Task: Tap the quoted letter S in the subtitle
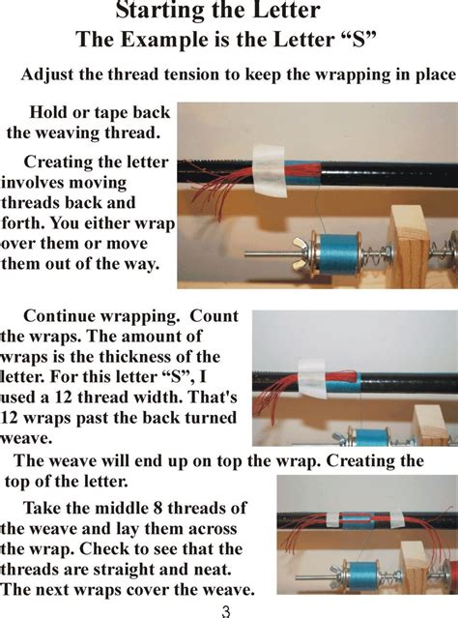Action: (x=358, y=39)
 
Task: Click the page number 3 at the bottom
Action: (x=225, y=611)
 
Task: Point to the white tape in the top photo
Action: (x=269, y=170)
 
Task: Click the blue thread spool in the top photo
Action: (x=335, y=253)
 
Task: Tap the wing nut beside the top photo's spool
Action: (x=302, y=254)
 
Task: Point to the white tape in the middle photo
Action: (x=312, y=378)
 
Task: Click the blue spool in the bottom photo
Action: (x=361, y=576)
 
